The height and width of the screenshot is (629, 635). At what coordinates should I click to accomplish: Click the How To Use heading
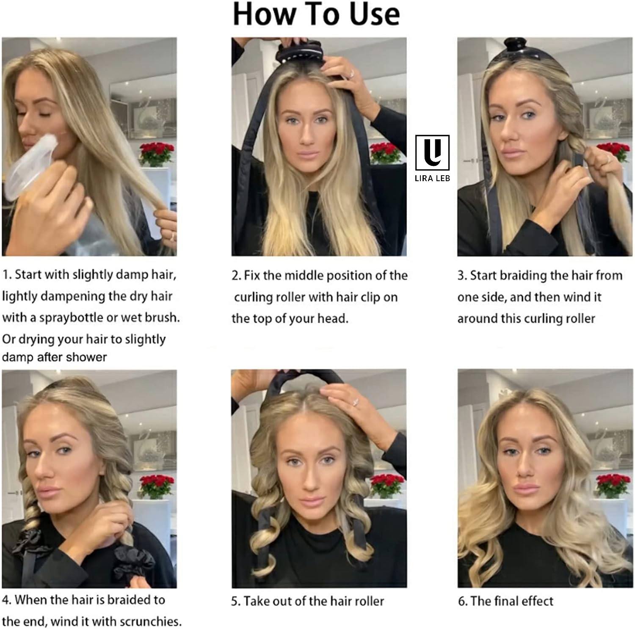tap(316, 14)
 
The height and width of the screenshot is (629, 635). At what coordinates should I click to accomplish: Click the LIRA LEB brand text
tap(432, 178)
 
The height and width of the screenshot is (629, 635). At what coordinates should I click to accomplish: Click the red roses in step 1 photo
tap(157, 152)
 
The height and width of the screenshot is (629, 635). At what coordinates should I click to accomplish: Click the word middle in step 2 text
tap(301, 276)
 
